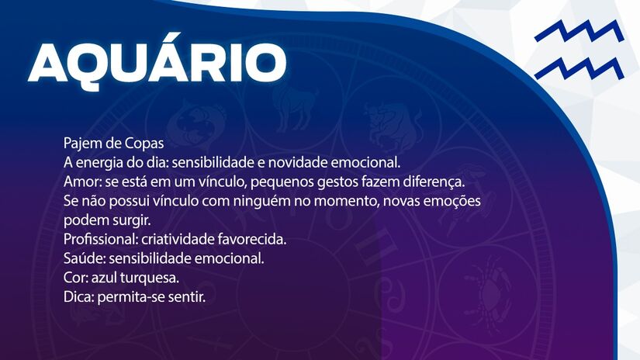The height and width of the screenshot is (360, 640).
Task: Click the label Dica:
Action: tap(78, 296)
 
